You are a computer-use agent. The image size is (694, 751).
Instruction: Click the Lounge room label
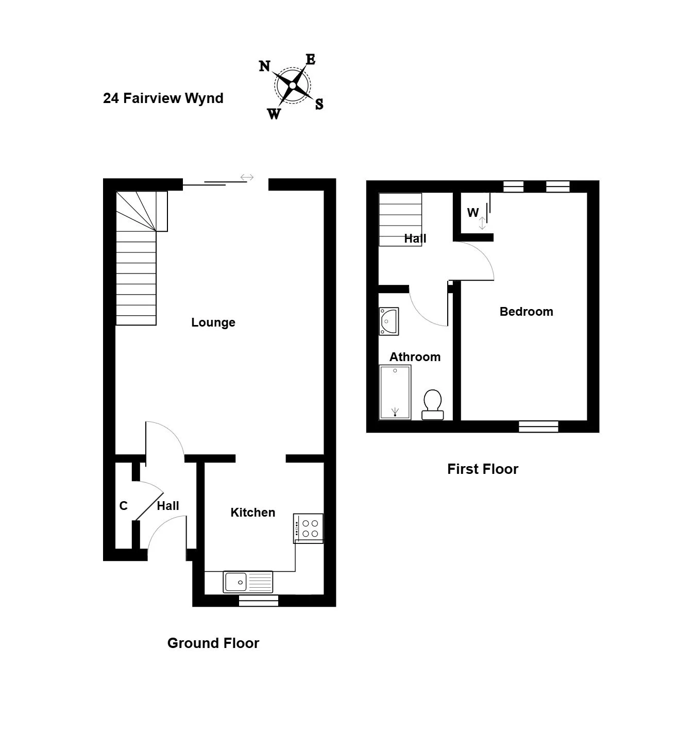(213, 322)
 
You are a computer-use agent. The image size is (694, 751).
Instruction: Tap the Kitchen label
(253, 513)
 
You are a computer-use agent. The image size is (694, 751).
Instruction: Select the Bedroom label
(527, 312)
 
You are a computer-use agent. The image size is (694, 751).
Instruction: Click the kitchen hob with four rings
(309, 528)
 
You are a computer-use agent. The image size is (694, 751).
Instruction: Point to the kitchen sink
(248, 582)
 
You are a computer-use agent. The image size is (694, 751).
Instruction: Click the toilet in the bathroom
(432, 405)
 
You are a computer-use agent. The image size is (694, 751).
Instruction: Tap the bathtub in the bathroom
(395, 392)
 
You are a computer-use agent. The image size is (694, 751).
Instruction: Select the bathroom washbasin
(389, 321)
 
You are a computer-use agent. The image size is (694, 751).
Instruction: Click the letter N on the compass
(264, 66)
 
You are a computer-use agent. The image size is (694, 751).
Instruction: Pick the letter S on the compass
(319, 104)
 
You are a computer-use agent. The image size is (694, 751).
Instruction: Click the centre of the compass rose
(293, 86)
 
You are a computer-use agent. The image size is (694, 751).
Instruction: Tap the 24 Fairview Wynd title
(163, 98)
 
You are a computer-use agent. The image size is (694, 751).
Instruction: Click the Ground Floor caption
(213, 643)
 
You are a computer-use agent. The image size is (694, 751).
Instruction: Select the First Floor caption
(482, 469)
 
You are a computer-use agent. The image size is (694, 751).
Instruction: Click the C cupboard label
(123, 506)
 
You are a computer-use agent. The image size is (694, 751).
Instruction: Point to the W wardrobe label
(473, 213)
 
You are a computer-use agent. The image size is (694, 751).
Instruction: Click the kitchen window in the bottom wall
(259, 601)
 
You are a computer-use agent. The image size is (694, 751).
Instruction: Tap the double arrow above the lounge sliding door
(247, 177)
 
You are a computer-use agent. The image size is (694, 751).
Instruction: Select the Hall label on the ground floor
(167, 506)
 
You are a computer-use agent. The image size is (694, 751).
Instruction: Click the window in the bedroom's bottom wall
(538, 426)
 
